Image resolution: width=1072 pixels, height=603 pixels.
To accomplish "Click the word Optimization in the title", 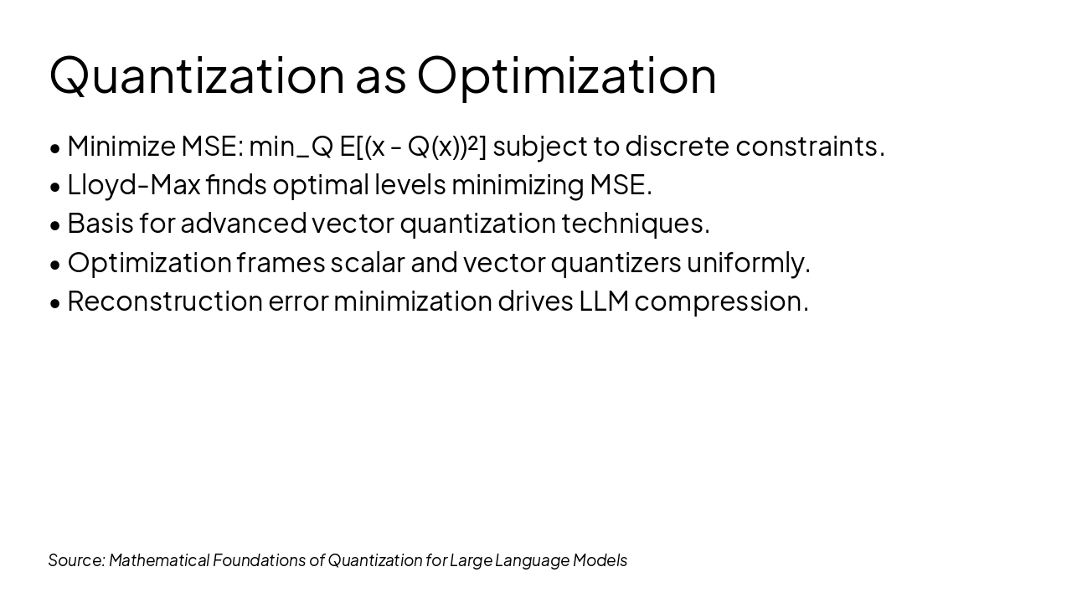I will coord(566,75).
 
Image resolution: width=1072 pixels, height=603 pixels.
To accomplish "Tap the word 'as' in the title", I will coord(380,77).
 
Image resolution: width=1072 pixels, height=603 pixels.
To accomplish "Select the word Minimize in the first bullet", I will coord(121,146).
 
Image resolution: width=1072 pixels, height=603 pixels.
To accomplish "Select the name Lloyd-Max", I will coord(133,184).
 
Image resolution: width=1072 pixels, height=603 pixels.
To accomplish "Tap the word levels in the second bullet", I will coord(410,184).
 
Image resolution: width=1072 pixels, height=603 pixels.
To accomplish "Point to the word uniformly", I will coord(748,262).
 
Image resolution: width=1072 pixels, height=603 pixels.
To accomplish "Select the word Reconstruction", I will coord(164,301).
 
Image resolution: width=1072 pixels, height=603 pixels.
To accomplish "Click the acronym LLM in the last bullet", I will coord(603,301).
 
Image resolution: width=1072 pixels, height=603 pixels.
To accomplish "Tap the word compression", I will coord(721,301).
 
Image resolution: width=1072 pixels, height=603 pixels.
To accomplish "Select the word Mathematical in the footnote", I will coord(158,560).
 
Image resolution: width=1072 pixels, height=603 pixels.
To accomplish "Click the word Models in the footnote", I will coord(600,560).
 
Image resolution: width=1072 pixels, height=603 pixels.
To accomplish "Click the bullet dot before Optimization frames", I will coord(55,265).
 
